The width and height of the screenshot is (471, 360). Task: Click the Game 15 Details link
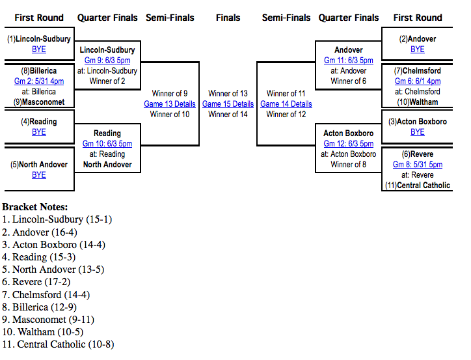click(x=228, y=104)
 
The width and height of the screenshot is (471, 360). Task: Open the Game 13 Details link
click(x=170, y=104)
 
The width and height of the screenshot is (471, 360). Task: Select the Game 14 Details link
click(x=286, y=104)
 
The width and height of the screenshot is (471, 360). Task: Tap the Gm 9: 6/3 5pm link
click(x=107, y=61)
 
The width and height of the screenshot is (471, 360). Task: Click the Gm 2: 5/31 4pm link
click(x=39, y=81)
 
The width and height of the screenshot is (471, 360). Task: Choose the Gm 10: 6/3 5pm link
click(x=107, y=144)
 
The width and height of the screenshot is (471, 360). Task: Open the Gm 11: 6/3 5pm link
click(x=349, y=61)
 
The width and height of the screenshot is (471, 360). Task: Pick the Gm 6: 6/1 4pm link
click(x=418, y=81)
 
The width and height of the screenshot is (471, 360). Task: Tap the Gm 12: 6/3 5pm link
click(x=349, y=144)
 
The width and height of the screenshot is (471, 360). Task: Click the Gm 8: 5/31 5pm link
click(x=418, y=165)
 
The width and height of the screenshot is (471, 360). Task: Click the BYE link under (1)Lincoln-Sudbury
click(x=39, y=49)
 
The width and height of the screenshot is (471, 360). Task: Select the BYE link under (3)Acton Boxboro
click(x=418, y=132)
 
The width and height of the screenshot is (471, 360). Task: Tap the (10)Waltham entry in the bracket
click(x=418, y=102)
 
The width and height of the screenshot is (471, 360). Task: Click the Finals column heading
click(x=228, y=18)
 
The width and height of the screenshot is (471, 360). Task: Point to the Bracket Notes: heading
click(x=34, y=207)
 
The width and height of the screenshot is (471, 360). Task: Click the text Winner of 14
click(x=228, y=115)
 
